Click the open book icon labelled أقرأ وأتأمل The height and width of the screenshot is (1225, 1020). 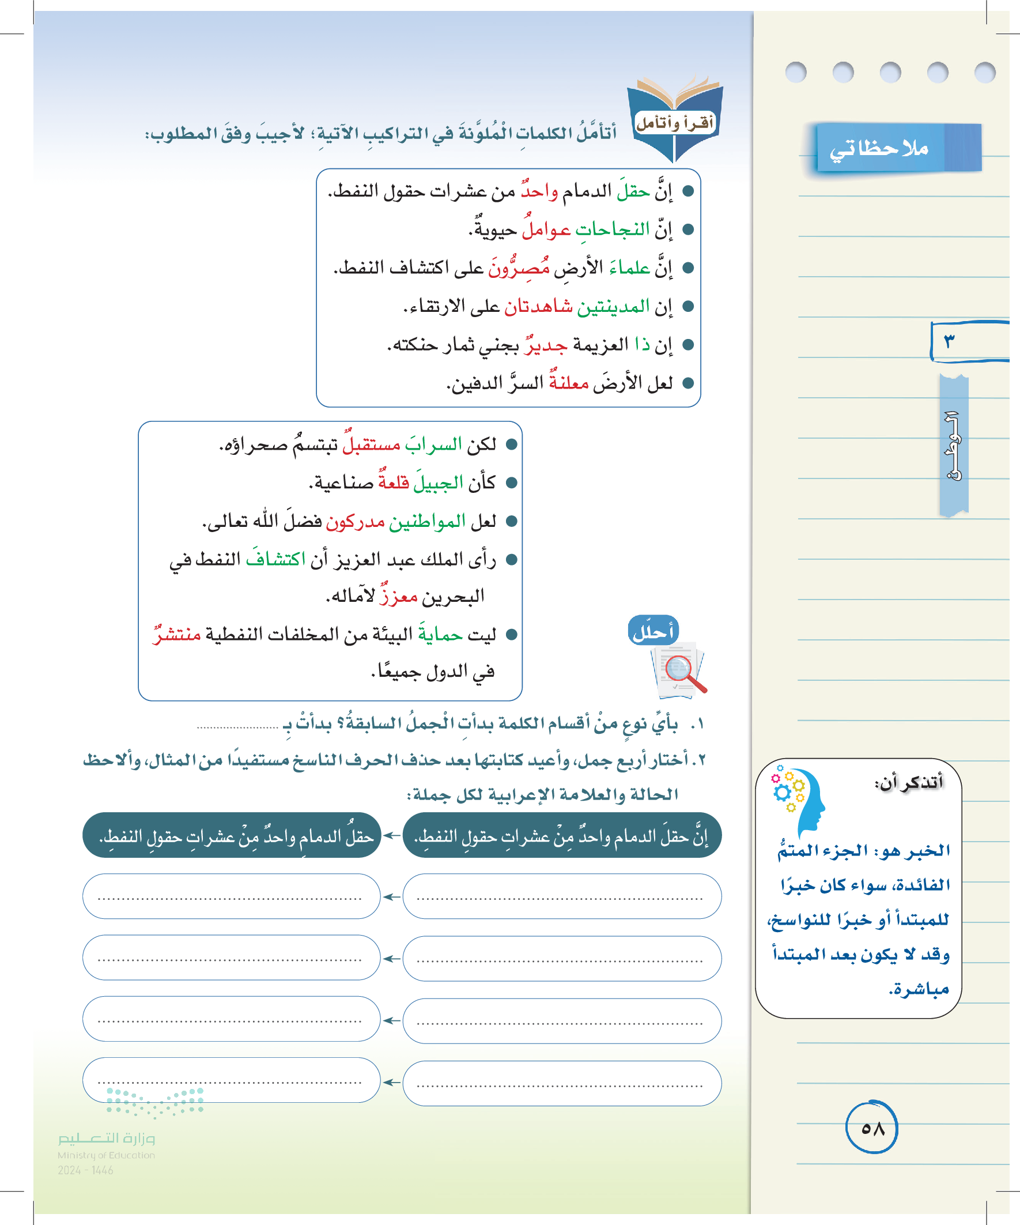point(675,117)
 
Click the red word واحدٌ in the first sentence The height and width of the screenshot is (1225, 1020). point(539,191)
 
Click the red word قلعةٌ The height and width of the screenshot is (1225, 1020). point(393,483)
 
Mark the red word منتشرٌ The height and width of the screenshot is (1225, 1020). point(177,634)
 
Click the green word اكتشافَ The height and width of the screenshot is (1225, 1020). point(275,559)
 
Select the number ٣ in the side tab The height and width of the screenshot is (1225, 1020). point(949,341)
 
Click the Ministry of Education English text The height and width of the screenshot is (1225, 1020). point(106,1155)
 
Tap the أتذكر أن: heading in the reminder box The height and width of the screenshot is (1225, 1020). point(908,782)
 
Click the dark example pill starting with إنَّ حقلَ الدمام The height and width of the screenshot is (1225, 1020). point(562,836)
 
